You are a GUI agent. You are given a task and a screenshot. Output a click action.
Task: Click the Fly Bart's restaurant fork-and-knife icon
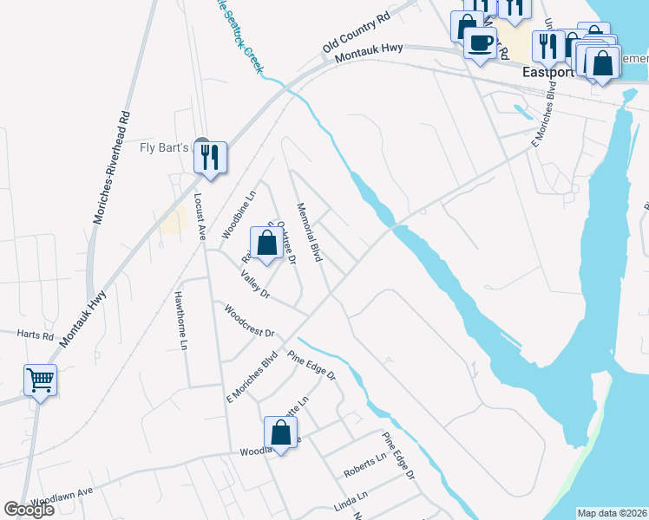coord(210,157)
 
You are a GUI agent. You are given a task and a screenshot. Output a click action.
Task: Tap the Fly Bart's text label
coord(164,147)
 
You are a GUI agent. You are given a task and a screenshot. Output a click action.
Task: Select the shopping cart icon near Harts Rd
coord(41,380)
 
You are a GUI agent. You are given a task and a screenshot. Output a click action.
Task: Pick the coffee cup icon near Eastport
coord(480,42)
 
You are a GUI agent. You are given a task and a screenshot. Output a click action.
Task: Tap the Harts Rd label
coord(36,334)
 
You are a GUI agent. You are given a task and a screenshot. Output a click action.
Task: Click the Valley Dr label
coord(255,283)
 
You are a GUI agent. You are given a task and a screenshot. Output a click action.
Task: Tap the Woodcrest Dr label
coord(248,321)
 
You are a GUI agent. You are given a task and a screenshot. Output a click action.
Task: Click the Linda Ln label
coord(351,498)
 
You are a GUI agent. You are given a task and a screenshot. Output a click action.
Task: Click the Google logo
coord(29,510)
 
